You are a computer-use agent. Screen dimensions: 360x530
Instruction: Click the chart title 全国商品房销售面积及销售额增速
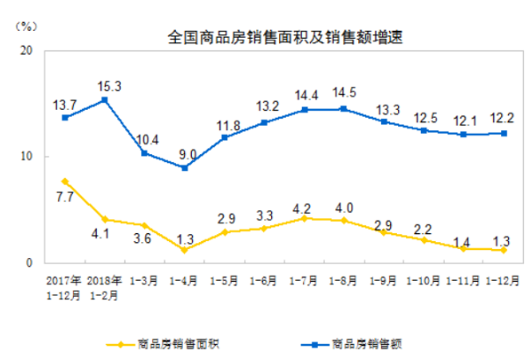(279, 38)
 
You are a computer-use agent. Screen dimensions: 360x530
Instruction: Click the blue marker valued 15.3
(105, 100)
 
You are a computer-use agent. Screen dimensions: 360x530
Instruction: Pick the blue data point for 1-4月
(184, 167)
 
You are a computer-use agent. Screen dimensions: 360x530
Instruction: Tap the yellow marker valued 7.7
(64, 181)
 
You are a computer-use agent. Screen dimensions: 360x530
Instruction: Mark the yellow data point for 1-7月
(305, 217)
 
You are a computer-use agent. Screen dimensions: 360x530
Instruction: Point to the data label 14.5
(344, 92)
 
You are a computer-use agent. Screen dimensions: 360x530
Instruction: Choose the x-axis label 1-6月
(264, 282)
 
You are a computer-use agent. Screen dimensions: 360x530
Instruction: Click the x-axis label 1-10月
(423, 282)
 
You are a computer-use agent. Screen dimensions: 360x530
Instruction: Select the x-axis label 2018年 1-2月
(104, 288)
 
